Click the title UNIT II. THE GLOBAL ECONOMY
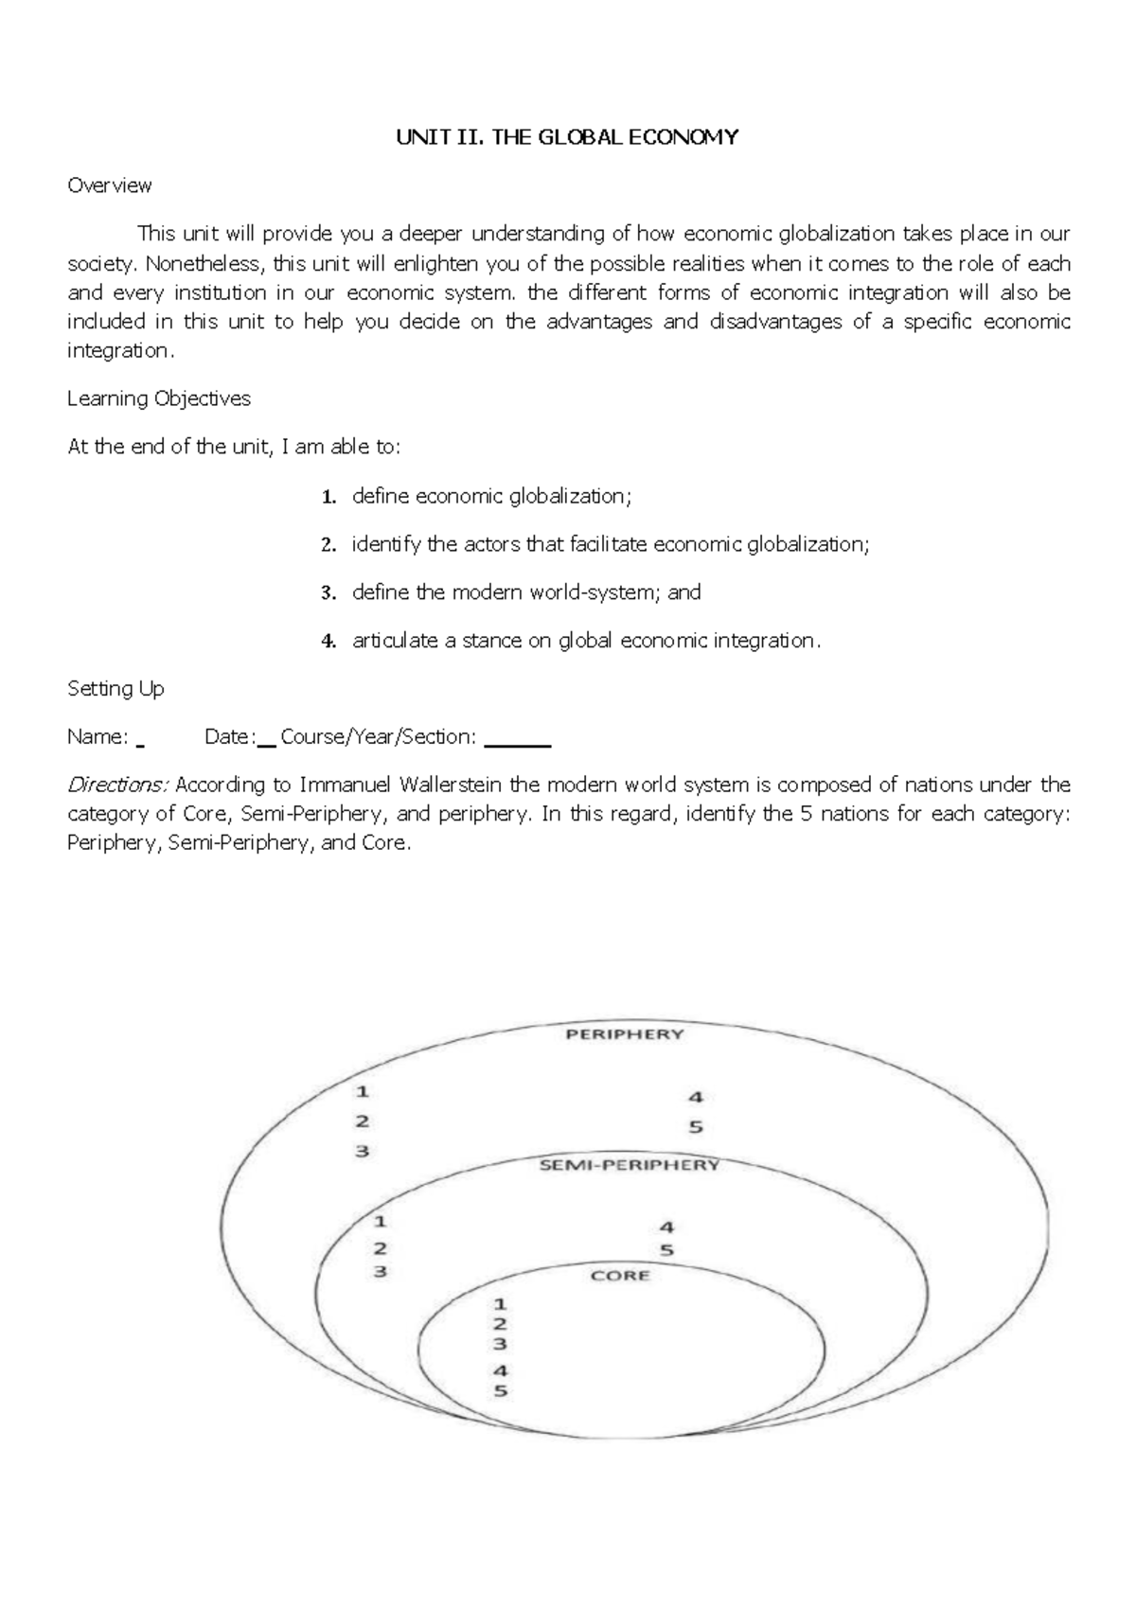coord(567,137)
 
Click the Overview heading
coord(109,185)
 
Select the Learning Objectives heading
coord(158,398)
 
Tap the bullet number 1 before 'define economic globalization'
coord(328,497)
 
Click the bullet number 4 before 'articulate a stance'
coord(328,642)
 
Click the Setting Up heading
coord(115,689)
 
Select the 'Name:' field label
coord(98,736)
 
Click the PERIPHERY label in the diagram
coord(624,1034)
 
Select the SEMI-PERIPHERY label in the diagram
coord(630,1165)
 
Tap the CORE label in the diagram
coord(620,1276)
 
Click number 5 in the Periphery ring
coord(696,1127)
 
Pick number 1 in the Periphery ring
coord(362,1091)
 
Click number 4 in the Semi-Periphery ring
coord(667,1227)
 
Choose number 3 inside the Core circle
coord(500,1344)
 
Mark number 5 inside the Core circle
coord(501,1391)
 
